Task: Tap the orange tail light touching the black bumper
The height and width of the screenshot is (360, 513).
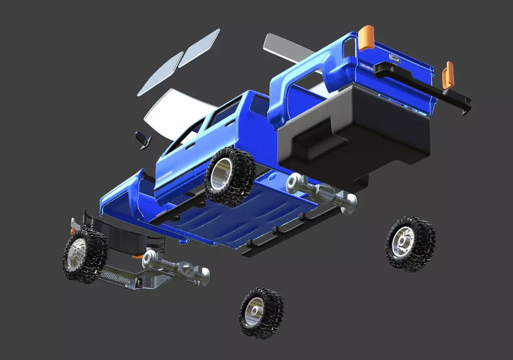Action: coord(447,75)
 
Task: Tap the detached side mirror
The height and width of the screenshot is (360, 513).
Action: coord(143,139)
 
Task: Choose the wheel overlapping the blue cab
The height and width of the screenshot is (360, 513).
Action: coord(230,176)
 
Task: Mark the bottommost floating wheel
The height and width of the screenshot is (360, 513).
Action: coord(261,312)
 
